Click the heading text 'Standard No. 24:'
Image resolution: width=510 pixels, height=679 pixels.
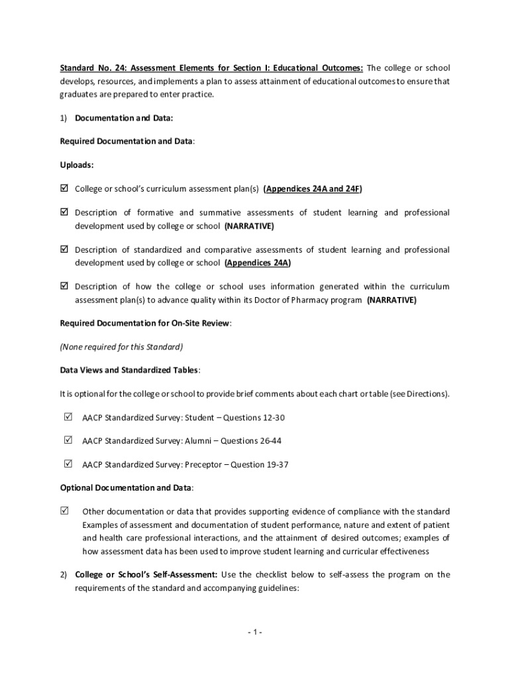point(93,68)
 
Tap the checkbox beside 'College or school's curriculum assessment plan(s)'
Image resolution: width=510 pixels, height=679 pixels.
point(64,189)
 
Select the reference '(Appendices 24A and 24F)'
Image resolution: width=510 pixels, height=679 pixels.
point(313,189)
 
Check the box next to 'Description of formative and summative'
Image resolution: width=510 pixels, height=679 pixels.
point(64,213)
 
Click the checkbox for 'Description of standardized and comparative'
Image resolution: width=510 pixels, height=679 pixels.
point(64,250)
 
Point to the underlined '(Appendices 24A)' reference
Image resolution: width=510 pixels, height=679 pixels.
point(257,263)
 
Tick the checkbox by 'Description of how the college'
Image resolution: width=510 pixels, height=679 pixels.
point(64,286)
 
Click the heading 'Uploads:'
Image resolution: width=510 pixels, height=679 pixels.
point(77,165)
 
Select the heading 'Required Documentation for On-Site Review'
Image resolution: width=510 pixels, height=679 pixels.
point(145,323)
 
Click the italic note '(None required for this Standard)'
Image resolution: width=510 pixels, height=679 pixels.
point(121,347)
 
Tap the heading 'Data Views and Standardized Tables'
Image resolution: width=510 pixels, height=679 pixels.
point(129,370)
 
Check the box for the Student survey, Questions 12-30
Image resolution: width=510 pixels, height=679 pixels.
point(68,418)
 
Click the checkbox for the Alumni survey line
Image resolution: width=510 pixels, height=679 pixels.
point(68,440)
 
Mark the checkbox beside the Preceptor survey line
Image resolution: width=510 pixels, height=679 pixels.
point(68,463)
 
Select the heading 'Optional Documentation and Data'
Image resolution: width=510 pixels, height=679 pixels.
point(126,488)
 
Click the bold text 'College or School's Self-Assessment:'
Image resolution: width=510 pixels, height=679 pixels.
point(146,574)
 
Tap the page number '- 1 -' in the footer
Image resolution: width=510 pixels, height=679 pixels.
point(255,632)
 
